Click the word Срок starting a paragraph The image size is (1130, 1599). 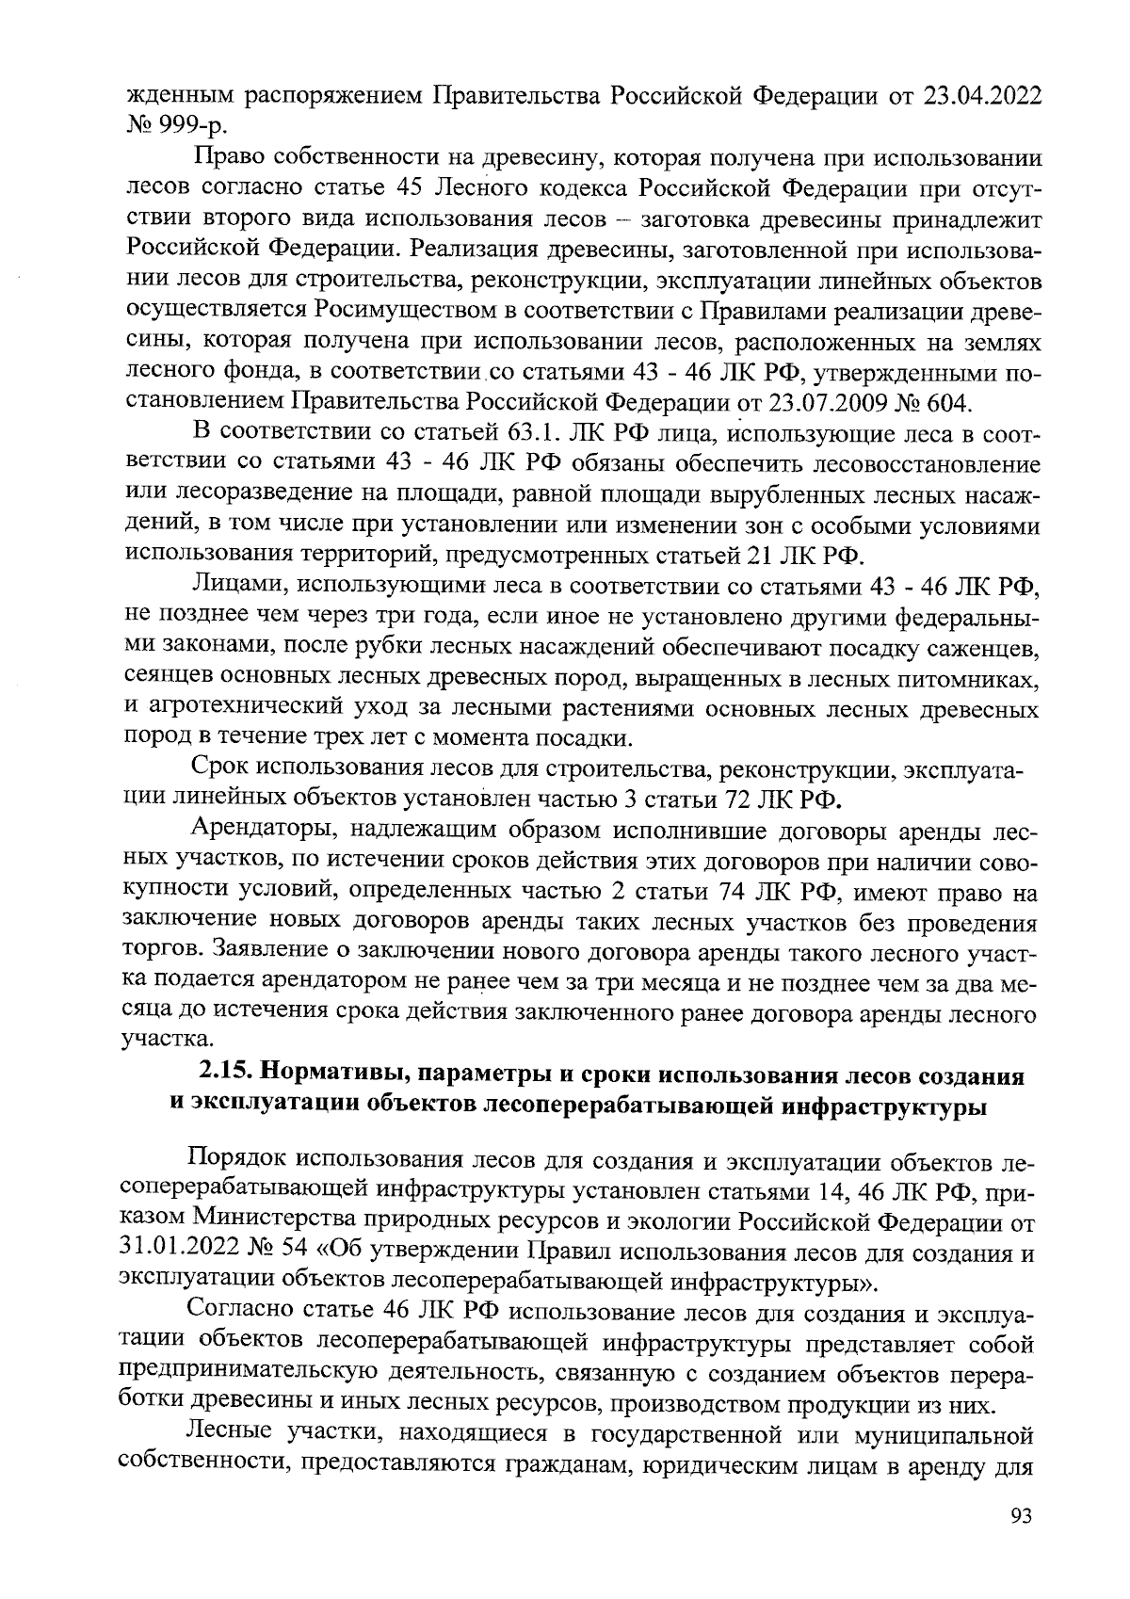tap(218, 771)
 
